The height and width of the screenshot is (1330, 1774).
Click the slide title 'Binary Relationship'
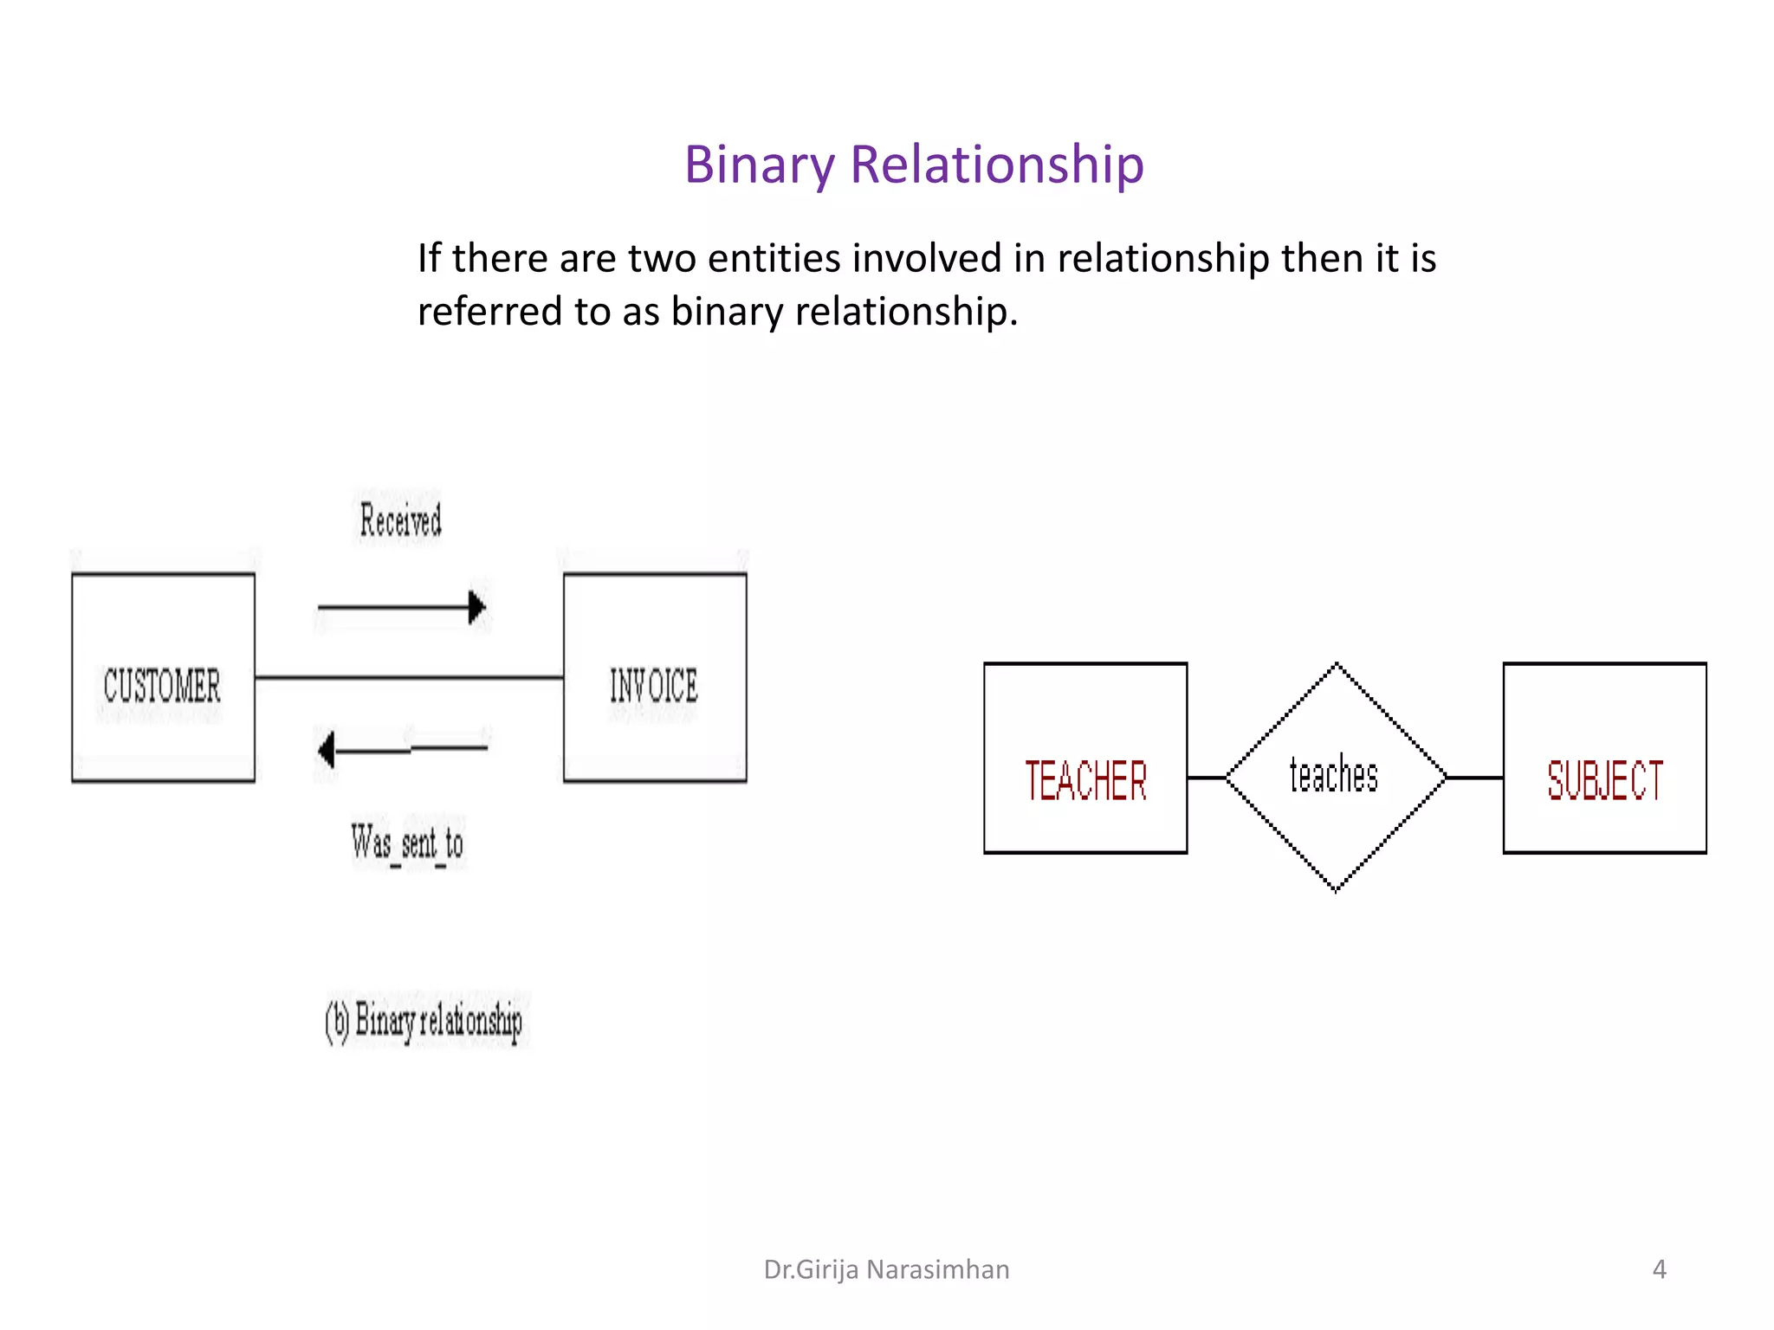point(914,165)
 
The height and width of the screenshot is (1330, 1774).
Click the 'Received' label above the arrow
point(400,520)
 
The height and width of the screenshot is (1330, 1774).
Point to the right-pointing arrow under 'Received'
point(402,607)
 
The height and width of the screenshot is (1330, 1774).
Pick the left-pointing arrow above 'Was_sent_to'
point(404,749)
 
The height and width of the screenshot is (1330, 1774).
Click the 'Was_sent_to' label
point(407,843)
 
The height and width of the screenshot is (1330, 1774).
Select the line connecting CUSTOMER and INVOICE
point(409,677)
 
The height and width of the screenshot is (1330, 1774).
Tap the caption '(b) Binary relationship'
point(424,1021)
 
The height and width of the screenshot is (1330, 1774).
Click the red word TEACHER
point(1085,780)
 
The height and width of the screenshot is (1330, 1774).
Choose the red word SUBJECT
point(1605,780)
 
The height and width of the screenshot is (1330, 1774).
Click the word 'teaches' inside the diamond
point(1334,775)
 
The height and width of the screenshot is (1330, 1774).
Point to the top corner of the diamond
point(1337,666)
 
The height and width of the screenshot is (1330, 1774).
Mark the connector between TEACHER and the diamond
point(1207,778)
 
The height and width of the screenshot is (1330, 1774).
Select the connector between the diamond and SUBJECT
point(1474,778)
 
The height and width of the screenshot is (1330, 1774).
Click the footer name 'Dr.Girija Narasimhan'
point(886,1269)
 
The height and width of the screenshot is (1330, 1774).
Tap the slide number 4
point(1659,1269)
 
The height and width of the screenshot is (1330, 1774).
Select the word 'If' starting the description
point(429,258)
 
